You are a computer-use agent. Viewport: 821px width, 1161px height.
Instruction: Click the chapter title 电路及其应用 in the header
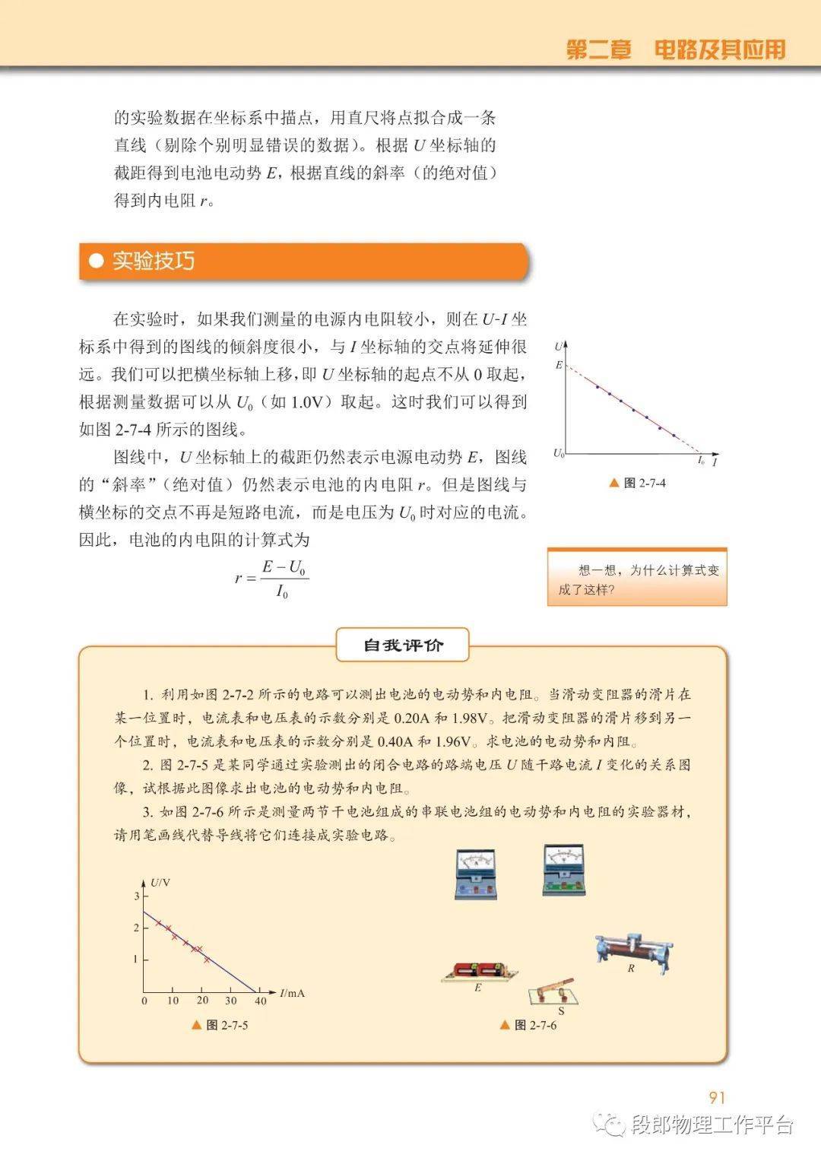(x=719, y=49)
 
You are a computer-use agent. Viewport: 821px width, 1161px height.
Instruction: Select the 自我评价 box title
(x=403, y=646)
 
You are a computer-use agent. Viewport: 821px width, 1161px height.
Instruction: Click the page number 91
(x=717, y=1097)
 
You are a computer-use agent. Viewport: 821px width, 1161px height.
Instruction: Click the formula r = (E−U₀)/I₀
(x=272, y=579)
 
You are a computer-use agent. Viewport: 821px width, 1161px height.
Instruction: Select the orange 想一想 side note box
(x=637, y=579)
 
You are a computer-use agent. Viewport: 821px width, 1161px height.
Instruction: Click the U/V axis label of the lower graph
(x=160, y=883)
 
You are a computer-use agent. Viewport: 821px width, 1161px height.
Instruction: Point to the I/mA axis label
(x=292, y=993)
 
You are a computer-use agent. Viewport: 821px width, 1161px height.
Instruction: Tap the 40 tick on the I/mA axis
(x=260, y=1001)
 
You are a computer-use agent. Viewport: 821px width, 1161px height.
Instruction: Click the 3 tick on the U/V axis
(x=137, y=896)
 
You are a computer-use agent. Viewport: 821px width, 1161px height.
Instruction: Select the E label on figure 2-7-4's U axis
(x=559, y=365)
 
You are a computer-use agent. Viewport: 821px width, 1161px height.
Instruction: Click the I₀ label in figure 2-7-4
(x=701, y=460)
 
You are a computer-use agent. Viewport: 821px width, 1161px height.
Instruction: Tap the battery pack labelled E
(x=480, y=972)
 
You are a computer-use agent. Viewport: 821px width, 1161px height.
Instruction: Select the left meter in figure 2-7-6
(x=476, y=874)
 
